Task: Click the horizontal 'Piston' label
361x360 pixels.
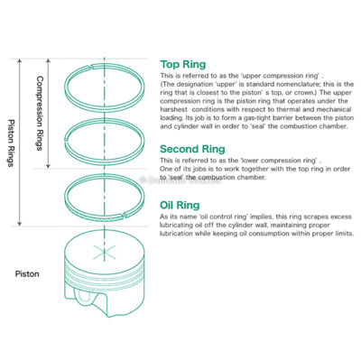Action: tap(27, 272)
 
